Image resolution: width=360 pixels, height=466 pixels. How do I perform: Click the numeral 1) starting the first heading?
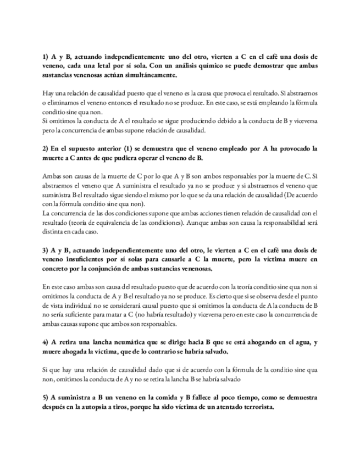coord(46,57)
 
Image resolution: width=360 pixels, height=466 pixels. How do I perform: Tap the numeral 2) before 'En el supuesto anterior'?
coord(46,149)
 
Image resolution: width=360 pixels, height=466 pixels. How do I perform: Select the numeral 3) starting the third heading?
coord(46,251)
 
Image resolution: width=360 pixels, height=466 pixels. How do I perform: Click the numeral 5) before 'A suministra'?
coord(46,397)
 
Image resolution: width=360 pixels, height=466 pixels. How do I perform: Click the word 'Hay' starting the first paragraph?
coord(48,93)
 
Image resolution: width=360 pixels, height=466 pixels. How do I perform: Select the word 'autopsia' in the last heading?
coord(120,407)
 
